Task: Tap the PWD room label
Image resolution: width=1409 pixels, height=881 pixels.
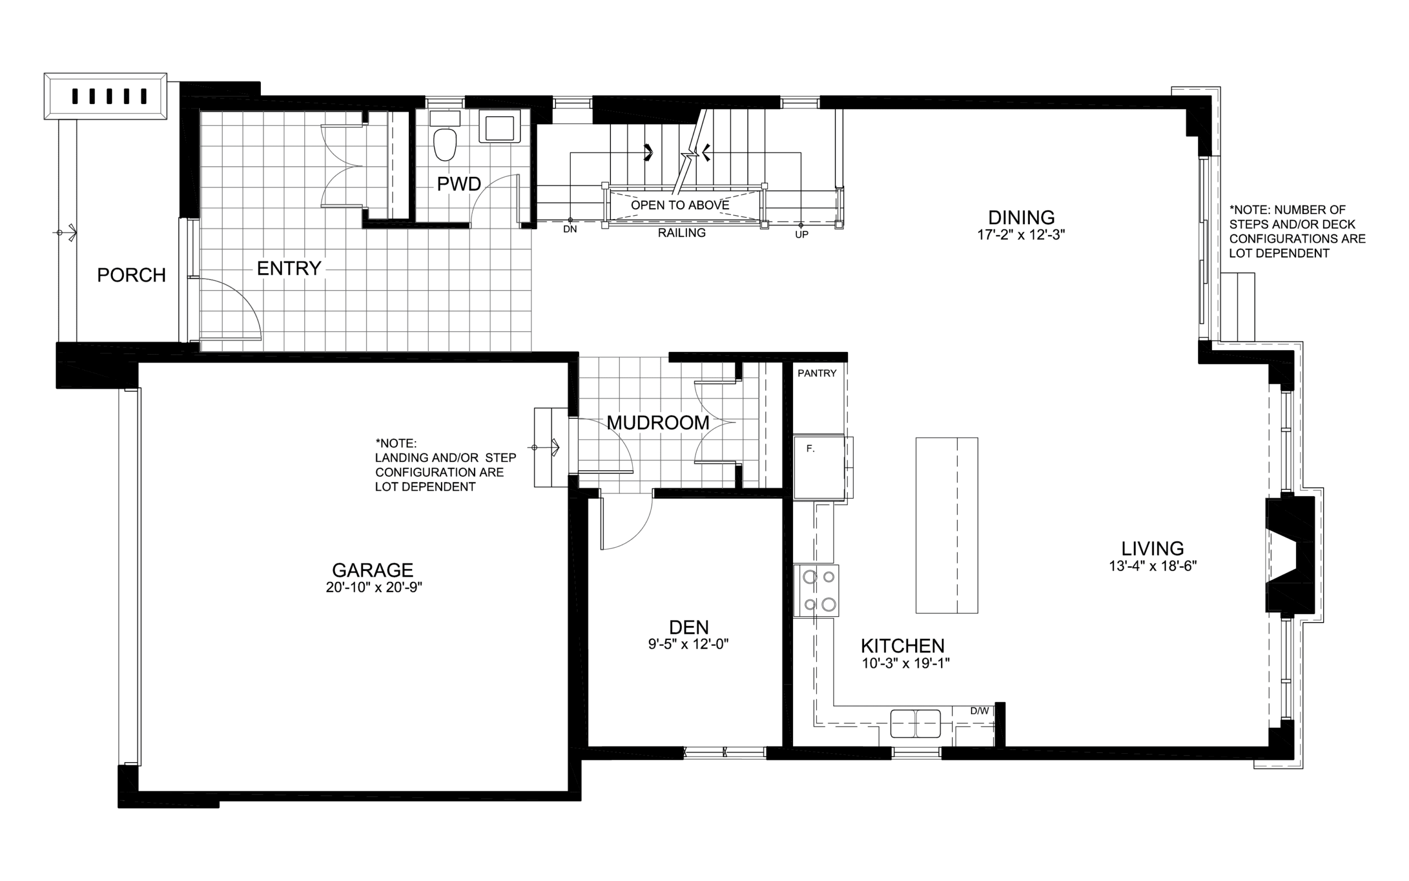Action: click(x=459, y=184)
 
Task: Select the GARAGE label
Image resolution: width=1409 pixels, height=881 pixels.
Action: click(x=373, y=570)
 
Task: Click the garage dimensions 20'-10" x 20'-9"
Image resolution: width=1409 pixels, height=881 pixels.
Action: click(x=374, y=588)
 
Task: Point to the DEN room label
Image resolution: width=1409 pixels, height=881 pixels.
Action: click(x=689, y=627)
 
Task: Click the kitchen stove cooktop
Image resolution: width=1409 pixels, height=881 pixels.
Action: click(x=816, y=590)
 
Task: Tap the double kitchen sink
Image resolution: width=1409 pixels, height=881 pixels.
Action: click(x=915, y=724)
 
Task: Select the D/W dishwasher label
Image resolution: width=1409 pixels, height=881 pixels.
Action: click(x=979, y=711)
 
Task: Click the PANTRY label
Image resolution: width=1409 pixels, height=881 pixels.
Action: click(x=817, y=373)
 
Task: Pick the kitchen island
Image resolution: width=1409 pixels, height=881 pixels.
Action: click(x=947, y=525)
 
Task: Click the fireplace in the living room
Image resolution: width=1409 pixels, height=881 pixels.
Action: click(x=1290, y=554)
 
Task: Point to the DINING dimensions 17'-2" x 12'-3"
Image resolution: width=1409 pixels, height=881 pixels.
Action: click(x=1021, y=235)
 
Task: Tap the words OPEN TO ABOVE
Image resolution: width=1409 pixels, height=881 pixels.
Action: click(x=680, y=205)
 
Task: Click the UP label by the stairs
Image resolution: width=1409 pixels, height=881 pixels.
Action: click(x=802, y=235)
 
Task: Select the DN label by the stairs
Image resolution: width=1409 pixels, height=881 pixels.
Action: click(x=570, y=230)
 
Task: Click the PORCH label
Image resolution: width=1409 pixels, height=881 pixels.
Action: click(x=132, y=275)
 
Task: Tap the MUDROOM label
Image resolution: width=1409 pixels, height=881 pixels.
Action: click(x=658, y=422)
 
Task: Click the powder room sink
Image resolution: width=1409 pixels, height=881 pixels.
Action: click(x=500, y=128)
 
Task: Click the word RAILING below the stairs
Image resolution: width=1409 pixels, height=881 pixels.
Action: click(x=682, y=233)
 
